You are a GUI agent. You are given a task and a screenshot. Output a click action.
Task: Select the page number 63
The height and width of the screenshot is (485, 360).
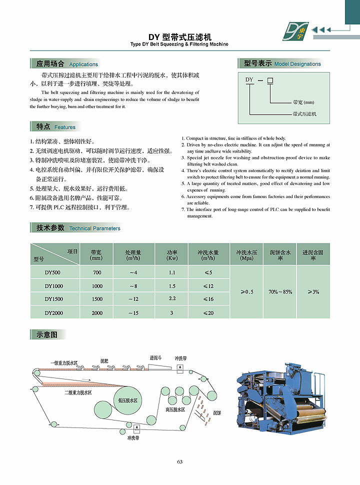pos(180,461)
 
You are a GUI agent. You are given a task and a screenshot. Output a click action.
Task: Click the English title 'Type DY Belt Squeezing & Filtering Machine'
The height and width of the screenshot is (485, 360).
pos(179,44)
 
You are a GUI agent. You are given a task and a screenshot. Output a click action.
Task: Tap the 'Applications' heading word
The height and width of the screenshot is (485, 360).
pos(83,64)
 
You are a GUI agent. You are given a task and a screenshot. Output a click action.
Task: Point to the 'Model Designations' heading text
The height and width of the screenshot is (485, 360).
pos(297,64)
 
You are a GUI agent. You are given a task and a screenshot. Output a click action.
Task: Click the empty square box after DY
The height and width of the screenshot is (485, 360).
pos(270,80)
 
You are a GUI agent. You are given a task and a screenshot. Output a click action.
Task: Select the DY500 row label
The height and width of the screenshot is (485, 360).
pos(52,272)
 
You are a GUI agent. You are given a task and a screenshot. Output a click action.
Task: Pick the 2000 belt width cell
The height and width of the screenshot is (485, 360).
pos(97,313)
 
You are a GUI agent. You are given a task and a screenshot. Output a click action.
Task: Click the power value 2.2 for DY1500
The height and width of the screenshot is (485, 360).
pos(172,298)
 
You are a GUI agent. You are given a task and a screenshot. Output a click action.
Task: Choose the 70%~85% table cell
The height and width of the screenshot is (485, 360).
pos(280,291)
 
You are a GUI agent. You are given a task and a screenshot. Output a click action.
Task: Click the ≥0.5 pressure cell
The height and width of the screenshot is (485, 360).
pos(246,291)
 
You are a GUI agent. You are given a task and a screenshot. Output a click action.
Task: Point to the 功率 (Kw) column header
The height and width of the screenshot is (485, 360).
pos(172,255)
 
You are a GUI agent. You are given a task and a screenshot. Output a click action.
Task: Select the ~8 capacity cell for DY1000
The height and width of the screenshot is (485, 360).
pos(133,286)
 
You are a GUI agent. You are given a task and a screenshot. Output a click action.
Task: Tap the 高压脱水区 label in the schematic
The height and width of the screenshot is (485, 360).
pos(175,409)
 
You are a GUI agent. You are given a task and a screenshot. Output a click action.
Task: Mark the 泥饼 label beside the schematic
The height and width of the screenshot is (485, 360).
pos(217,413)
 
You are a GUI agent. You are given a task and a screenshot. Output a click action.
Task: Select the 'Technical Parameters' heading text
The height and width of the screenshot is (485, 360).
pos(94,228)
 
